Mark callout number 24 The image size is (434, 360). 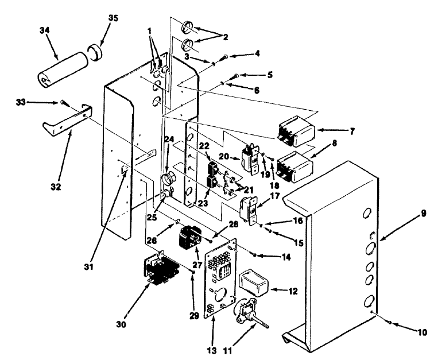[168, 138]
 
